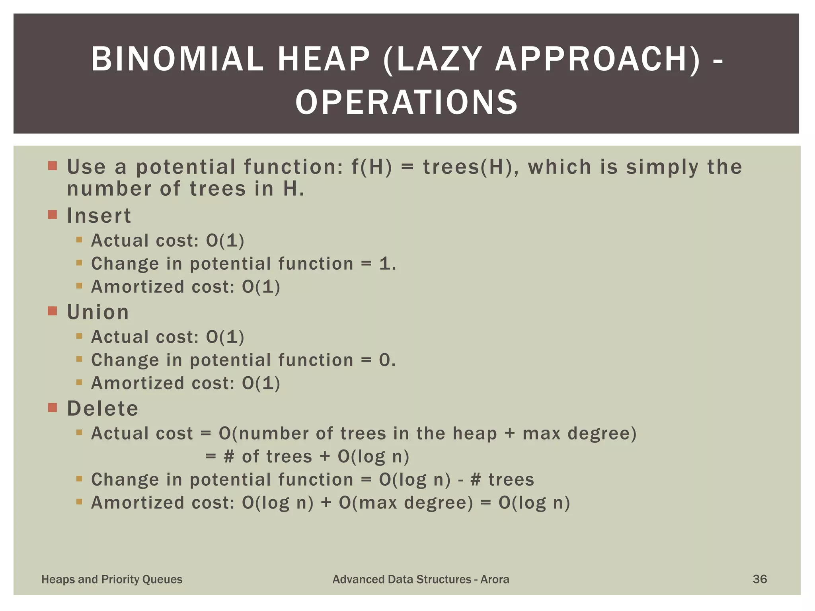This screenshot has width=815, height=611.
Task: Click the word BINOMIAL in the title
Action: pyautogui.click(x=177, y=59)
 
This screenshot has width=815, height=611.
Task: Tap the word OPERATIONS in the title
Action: pyautogui.click(x=407, y=102)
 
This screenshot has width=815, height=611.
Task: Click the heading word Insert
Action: pyautogui.click(x=99, y=216)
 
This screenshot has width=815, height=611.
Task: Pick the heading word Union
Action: pyautogui.click(x=98, y=312)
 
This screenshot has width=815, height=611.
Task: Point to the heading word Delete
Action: pyautogui.click(x=103, y=409)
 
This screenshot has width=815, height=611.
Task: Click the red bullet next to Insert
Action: pyautogui.click(x=53, y=215)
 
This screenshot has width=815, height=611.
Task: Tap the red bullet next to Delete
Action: pyautogui.click(x=53, y=407)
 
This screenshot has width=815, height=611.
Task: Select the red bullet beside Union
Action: pyautogui.click(x=53, y=311)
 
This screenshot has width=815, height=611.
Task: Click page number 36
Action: pyautogui.click(x=760, y=579)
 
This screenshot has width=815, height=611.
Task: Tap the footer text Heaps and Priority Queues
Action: pyautogui.click(x=112, y=579)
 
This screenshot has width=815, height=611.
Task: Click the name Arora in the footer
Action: pyautogui.click(x=495, y=579)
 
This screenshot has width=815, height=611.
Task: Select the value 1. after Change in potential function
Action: pyautogui.click(x=388, y=264)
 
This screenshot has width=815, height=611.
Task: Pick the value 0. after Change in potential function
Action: pyautogui.click(x=387, y=360)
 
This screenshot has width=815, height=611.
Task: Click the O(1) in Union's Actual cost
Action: pyautogui.click(x=225, y=337)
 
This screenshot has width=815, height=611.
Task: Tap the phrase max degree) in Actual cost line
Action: pyautogui.click(x=579, y=433)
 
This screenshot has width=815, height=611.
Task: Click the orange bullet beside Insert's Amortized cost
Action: pyautogui.click(x=79, y=286)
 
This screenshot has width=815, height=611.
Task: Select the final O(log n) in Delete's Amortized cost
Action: pyautogui.click(x=534, y=503)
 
